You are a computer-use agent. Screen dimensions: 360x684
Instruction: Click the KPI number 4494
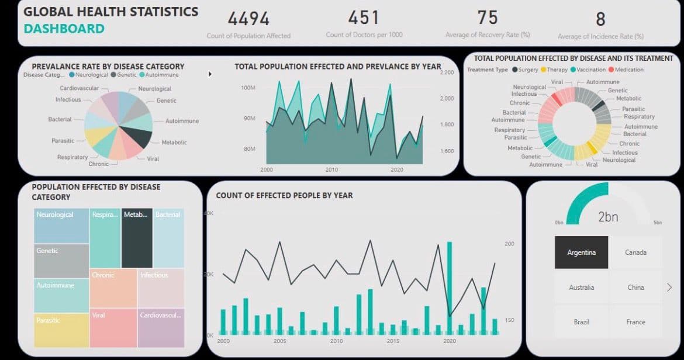[x=248, y=19]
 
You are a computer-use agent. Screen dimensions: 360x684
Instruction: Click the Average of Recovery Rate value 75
[x=487, y=18]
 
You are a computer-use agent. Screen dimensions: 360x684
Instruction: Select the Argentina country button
[x=581, y=252]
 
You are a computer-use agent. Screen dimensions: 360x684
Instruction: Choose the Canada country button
[x=635, y=252]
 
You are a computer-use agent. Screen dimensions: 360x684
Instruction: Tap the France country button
[x=635, y=322]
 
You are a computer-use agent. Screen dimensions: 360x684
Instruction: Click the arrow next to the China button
[x=669, y=287]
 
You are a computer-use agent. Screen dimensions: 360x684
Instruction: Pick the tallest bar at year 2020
[x=450, y=286]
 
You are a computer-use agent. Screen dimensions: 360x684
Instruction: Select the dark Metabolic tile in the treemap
[x=137, y=237]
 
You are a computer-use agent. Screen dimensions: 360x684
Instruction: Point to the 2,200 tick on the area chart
[x=446, y=72]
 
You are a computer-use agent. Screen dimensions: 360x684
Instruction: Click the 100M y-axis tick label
[x=247, y=88]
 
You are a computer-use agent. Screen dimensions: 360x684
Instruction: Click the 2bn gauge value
[x=607, y=217]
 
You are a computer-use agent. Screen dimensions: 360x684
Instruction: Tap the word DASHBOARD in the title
[x=64, y=29]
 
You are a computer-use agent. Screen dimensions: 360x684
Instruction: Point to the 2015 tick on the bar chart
[x=393, y=341]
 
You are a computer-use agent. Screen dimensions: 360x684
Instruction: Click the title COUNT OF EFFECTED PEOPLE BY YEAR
[x=284, y=195]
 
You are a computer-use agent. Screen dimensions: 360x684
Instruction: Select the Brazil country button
[x=581, y=322]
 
